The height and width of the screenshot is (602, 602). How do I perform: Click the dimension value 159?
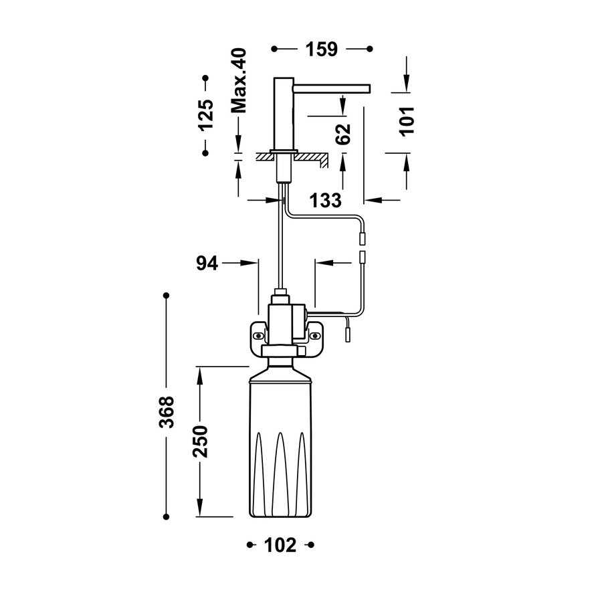322,49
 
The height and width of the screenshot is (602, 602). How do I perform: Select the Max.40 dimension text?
238,80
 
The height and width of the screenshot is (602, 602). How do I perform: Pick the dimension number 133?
325,200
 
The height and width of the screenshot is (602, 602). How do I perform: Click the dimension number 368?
167,412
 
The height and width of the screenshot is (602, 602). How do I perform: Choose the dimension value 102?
281,546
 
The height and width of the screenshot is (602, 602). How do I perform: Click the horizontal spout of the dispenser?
332,86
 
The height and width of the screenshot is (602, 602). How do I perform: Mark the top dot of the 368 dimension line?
167,294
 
